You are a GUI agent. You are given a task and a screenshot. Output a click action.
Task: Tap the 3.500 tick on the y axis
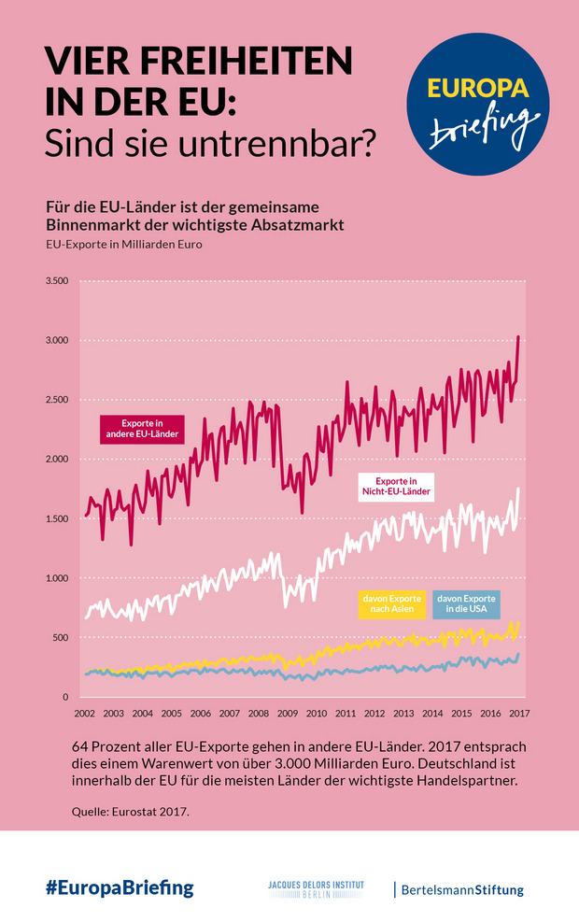(57, 281)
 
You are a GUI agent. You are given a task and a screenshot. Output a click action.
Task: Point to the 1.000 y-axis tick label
(57, 579)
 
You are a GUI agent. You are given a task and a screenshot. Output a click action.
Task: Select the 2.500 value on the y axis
(57, 400)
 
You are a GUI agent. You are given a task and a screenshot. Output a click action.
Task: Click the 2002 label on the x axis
(84, 714)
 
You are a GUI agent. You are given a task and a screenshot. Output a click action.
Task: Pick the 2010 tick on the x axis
(316, 714)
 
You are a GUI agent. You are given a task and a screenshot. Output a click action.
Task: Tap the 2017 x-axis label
(519, 714)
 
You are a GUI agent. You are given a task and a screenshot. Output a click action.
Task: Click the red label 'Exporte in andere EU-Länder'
(141, 429)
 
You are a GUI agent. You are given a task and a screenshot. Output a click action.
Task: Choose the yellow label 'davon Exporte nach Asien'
(391, 603)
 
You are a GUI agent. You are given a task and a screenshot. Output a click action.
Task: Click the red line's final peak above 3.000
(518, 337)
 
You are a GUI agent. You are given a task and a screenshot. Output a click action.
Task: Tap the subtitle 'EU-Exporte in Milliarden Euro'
(123, 245)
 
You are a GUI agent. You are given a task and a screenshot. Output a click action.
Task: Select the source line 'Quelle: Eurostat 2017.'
(130, 811)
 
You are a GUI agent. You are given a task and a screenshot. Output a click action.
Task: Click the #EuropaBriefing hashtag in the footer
(120, 888)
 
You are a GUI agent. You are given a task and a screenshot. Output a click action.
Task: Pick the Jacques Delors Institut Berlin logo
(316, 888)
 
